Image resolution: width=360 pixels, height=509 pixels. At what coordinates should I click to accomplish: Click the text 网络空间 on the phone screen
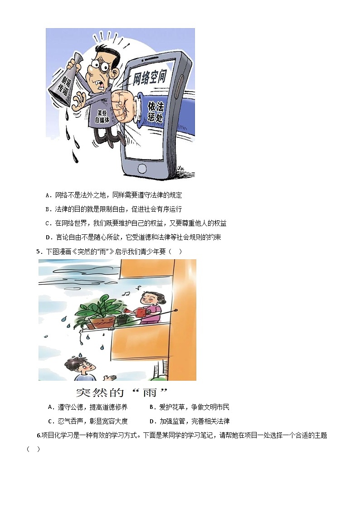[149, 78]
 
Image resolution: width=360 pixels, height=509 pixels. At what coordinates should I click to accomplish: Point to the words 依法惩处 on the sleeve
[156, 111]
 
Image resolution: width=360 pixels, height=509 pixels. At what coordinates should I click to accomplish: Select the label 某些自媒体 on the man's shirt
[102, 116]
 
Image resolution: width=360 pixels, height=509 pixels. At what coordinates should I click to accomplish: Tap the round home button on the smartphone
[142, 168]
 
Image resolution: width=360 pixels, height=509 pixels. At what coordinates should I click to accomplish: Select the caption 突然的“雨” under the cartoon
[122, 393]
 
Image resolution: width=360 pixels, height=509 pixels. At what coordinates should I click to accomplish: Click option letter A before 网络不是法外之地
[49, 195]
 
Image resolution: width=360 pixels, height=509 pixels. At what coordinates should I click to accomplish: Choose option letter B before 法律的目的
[49, 209]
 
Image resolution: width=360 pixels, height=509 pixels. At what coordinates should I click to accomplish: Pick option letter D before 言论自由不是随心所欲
[49, 238]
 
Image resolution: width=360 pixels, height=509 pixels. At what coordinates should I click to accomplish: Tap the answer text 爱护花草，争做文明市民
[194, 407]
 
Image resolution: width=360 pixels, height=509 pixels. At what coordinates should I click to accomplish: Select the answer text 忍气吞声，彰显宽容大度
[92, 422]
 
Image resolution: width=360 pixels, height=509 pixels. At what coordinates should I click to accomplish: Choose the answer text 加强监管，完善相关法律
[195, 422]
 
